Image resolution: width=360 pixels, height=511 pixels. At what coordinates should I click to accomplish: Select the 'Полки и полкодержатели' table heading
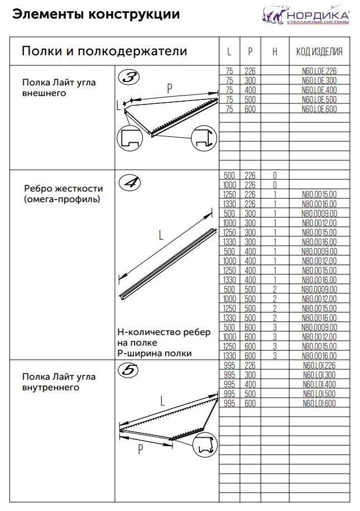[x=104, y=52]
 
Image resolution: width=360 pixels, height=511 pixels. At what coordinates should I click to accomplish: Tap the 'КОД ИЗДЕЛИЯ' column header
[x=319, y=52]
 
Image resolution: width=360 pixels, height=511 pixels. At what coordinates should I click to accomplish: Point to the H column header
[x=275, y=52]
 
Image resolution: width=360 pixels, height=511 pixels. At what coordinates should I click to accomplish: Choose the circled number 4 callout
[x=129, y=182]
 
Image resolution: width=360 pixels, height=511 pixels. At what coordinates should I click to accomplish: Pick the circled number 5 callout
[x=129, y=370]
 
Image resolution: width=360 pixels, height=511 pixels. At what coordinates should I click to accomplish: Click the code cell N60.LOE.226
[x=319, y=71]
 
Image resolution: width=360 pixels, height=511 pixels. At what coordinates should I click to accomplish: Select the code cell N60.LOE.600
[x=319, y=109]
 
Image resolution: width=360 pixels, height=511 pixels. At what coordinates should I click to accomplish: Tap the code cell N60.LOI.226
[x=319, y=366]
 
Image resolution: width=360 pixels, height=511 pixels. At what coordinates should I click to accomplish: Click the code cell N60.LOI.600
[x=319, y=403]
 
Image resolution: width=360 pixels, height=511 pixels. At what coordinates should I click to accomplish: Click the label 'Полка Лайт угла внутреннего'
[x=59, y=382]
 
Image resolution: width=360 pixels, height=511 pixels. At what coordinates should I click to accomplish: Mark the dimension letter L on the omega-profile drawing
[x=161, y=236]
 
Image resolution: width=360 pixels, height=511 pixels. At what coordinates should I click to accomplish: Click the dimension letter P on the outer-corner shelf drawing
[x=170, y=88]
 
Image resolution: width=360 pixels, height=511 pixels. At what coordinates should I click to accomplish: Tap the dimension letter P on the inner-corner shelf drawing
[x=142, y=450]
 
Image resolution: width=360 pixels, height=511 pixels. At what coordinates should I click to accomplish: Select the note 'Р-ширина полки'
[x=155, y=353]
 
